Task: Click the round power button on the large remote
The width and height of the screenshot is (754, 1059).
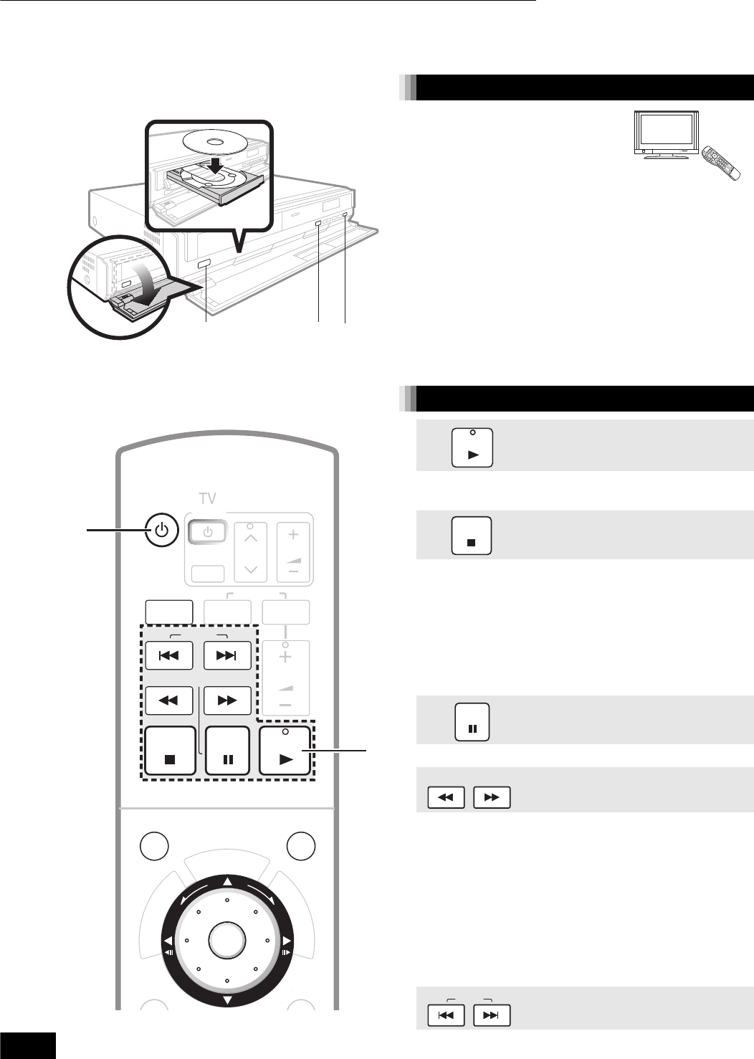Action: (x=163, y=531)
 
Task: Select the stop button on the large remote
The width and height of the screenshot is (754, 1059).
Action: (x=170, y=751)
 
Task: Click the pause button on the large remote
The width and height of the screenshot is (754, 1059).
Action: (x=228, y=751)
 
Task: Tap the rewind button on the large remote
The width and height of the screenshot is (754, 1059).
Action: (x=168, y=700)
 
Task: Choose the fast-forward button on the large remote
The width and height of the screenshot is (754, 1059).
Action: (x=227, y=700)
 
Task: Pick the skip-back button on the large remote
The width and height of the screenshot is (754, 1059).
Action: (x=168, y=655)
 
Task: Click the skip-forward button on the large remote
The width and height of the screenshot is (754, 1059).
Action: (x=227, y=655)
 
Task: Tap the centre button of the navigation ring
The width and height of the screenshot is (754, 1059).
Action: (x=226, y=939)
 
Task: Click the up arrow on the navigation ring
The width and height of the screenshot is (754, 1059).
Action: (x=226, y=882)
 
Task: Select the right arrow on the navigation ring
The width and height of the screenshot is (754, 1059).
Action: (x=285, y=940)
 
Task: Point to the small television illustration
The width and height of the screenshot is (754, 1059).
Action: (x=666, y=134)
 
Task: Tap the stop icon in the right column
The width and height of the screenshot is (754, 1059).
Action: (x=472, y=536)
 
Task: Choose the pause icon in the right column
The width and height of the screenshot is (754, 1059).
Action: (x=472, y=722)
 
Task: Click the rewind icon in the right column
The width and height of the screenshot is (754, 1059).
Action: (x=446, y=797)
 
